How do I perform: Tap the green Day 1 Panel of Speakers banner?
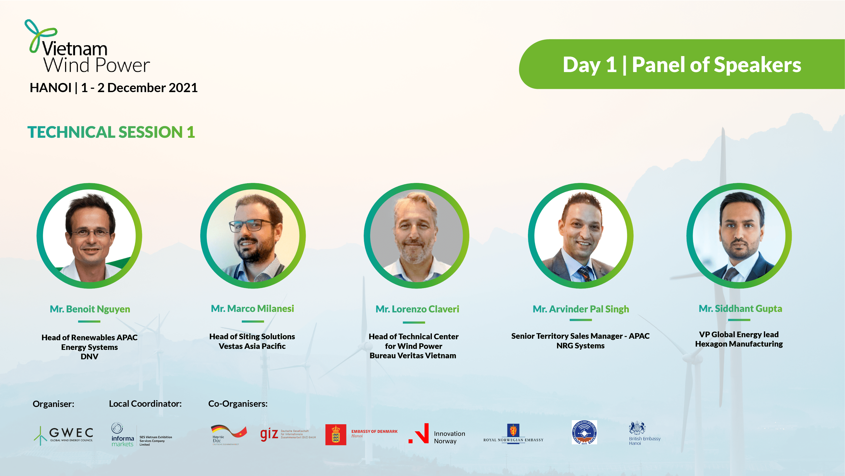pos(682,64)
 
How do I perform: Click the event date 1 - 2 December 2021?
pos(139,88)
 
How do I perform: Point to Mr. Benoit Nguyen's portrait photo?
pos(89,235)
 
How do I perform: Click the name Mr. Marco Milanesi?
pos(252,309)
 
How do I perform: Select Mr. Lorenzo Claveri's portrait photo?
pos(416,235)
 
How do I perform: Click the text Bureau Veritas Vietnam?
pos(413,355)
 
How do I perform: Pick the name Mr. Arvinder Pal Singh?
pos(581,309)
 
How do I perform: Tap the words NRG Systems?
pos(580,346)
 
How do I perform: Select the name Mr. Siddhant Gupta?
pos(740,309)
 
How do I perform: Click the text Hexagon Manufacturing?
pos(739,344)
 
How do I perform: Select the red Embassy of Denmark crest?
pos(336,434)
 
